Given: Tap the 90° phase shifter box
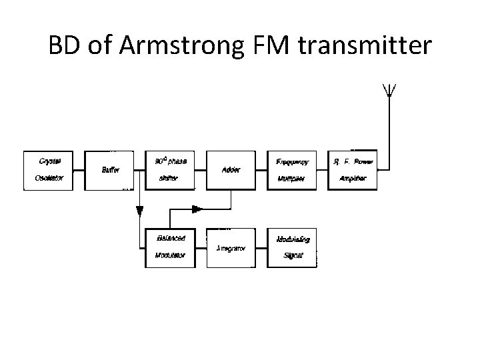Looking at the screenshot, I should click(170, 170).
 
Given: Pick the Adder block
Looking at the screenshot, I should click(231, 170).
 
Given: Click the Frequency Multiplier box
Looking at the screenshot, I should click(291, 170).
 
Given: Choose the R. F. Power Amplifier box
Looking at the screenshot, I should click(353, 170).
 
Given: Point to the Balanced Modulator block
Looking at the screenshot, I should click(170, 247).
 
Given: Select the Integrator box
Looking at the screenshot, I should click(231, 247).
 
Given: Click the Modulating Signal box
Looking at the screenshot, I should click(291, 247).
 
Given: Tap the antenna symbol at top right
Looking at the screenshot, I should click(388, 91).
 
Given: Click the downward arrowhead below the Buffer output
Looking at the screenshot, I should click(140, 211).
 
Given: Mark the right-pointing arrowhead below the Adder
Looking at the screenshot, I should click(197, 209).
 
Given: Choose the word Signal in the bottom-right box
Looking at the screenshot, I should click(293, 255).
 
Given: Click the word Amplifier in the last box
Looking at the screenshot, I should click(353, 178).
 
